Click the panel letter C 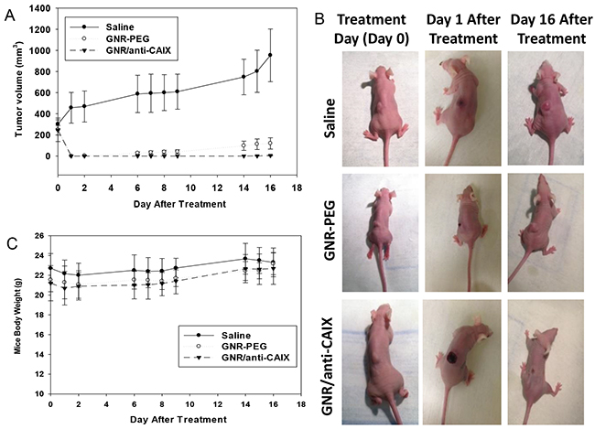(10, 242)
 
